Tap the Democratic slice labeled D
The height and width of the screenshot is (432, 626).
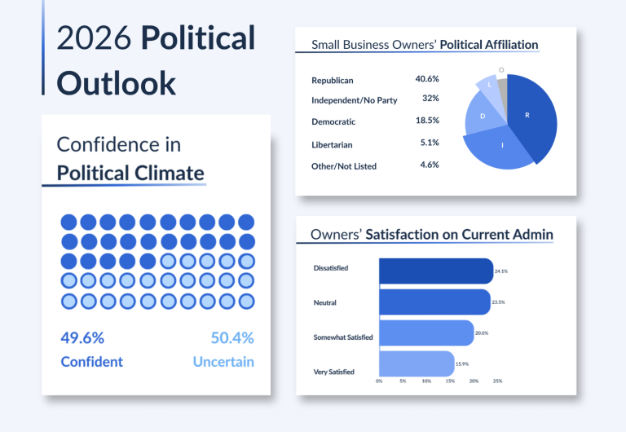pyautogui.click(x=483, y=115)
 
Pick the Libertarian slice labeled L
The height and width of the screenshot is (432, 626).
pyautogui.click(x=489, y=86)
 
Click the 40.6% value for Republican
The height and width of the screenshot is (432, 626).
pyautogui.click(x=427, y=79)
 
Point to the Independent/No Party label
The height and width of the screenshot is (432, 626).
pyautogui.click(x=354, y=100)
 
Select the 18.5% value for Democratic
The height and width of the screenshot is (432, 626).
pyautogui.click(x=427, y=120)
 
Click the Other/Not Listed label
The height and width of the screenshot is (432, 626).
pyautogui.click(x=344, y=166)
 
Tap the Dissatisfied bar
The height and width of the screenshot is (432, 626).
pyautogui.click(x=436, y=271)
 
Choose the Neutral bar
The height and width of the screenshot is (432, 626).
pyautogui.click(x=434, y=302)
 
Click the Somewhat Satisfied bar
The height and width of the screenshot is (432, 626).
pyautogui.click(x=426, y=333)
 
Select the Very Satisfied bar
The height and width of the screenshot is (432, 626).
pyautogui.click(x=417, y=364)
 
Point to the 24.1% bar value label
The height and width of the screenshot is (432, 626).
pyautogui.click(x=501, y=271)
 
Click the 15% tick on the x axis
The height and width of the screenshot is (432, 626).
pyautogui.click(x=450, y=381)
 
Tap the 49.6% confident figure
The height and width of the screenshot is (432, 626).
pyautogui.click(x=82, y=337)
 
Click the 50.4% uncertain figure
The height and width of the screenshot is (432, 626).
pyautogui.click(x=232, y=337)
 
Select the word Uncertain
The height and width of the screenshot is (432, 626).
pyautogui.click(x=223, y=362)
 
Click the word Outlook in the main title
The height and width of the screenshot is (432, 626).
pyautogui.click(x=117, y=83)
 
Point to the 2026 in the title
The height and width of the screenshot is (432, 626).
pyautogui.click(x=94, y=37)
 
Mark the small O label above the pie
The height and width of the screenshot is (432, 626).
pyautogui.click(x=501, y=70)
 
